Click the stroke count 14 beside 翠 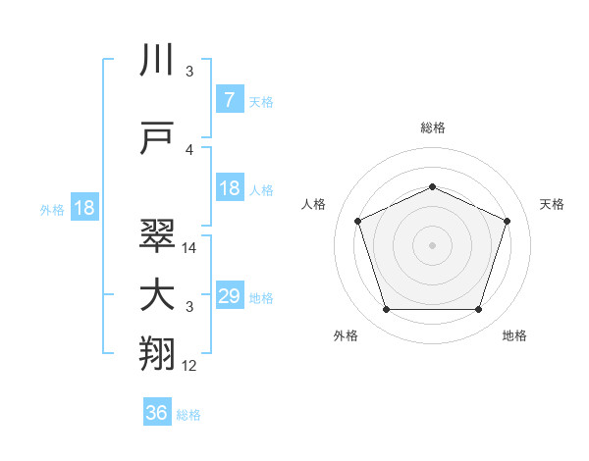(189, 249)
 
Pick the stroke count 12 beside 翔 (189, 366)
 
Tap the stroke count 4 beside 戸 (189, 150)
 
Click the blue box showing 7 (229, 100)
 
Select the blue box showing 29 (229, 296)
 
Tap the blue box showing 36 (156, 413)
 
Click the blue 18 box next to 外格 (83, 208)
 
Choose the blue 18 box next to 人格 (229, 188)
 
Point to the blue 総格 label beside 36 (188, 415)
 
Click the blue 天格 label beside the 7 (261, 101)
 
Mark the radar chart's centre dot (432, 245)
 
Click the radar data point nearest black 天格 (508, 221)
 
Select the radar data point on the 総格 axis (432, 186)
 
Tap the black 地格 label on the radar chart (514, 335)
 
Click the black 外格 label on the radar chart (346, 335)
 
